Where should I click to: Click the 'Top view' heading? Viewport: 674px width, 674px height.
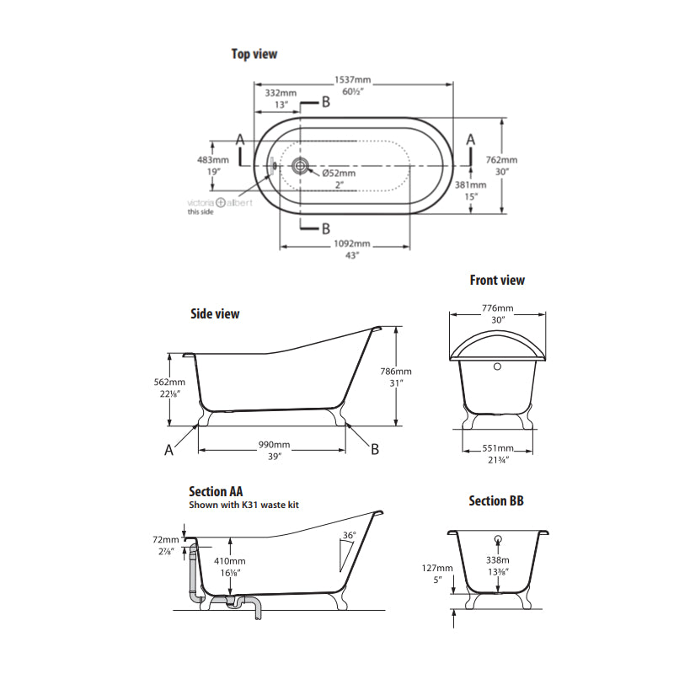click(x=254, y=54)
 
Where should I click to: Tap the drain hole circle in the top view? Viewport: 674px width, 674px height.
click(x=300, y=166)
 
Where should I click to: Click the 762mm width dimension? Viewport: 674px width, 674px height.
click(x=501, y=160)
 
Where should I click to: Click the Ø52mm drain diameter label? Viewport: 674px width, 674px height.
click(x=339, y=173)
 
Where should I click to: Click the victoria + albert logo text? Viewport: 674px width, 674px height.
click(x=218, y=202)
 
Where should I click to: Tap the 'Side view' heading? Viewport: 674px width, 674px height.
click(x=215, y=313)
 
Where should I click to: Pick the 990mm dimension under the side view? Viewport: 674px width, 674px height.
click(x=275, y=444)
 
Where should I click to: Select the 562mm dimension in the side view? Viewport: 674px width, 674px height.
click(x=153, y=381)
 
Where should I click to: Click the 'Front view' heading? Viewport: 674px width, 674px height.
click(x=497, y=280)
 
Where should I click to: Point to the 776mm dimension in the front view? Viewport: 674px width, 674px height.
click(x=497, y=308)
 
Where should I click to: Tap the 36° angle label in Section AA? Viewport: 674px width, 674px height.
click(x=349, y=536)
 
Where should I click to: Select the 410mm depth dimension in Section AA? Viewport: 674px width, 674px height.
click(x=229, y=561)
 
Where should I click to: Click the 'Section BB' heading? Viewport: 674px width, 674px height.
click(x=496, y=501)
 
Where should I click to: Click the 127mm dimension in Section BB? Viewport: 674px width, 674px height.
click(x=436, y=568)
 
